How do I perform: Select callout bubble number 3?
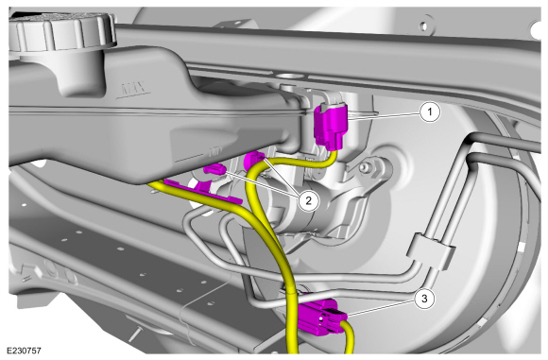(427, 297)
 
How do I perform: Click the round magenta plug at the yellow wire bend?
(253, 162)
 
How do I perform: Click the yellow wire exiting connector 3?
(351, 336)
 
